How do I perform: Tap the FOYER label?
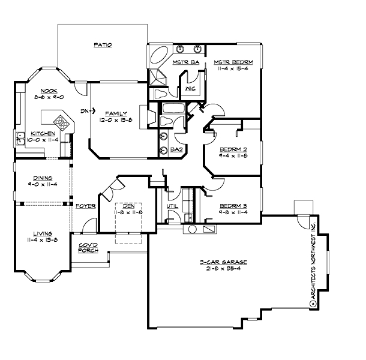86,206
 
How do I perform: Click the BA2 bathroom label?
176,149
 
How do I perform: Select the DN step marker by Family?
85,110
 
